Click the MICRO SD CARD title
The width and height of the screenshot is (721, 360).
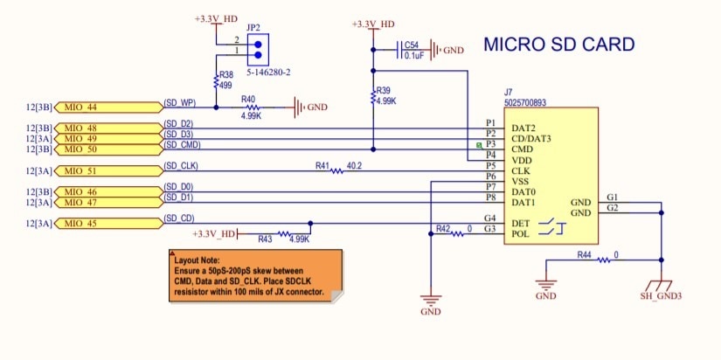pyautogui.click(x=559, y=45)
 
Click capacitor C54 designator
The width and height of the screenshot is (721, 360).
pyautogui.click(x=411, y=45)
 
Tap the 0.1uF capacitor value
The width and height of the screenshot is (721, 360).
pyautogui.click(x=413, y=55)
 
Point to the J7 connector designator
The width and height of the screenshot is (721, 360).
pyautogui.click(x=509, y=92)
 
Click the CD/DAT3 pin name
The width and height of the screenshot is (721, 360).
pyautogui.click(x=531, y=138)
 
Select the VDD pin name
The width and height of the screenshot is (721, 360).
pyautogui.click(x=523, y=160)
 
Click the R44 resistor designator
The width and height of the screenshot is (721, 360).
pyautogui.click(x=585, y=255)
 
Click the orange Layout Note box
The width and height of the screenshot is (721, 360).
pyautogui.click(x=253, y=276)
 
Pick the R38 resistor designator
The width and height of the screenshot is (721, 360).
pyautogui.click(x=226, y=76)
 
